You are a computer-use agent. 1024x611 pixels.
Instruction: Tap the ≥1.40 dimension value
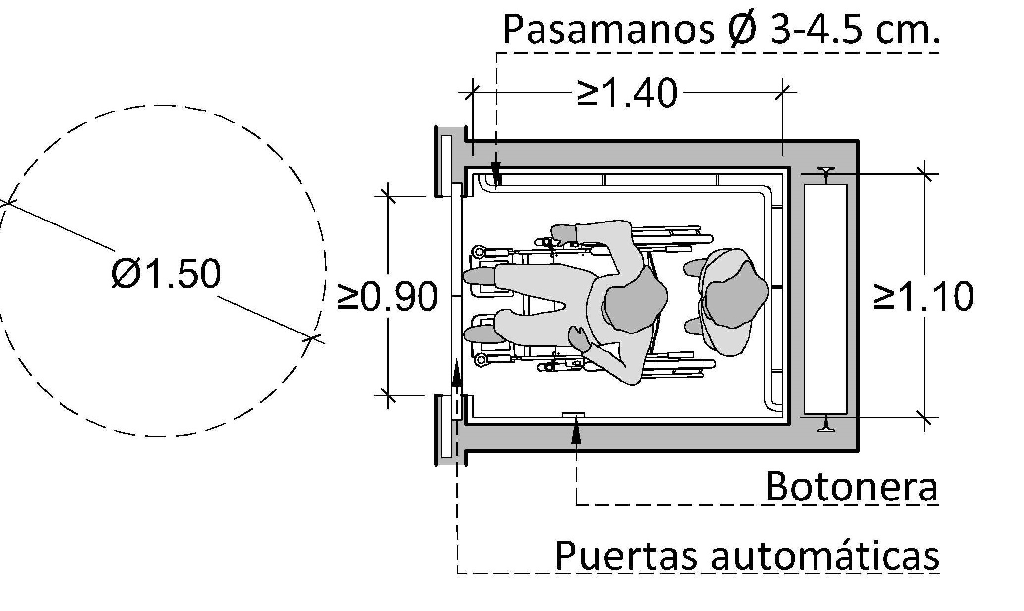coord(627,93)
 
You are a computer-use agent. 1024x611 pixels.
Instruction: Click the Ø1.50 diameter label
coord(166,274)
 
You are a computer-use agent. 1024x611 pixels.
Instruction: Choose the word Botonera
coord(851,487)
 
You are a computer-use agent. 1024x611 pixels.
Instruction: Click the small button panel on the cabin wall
coord(573,415)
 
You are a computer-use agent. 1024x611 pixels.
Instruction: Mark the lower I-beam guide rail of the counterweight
coord(825,423)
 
